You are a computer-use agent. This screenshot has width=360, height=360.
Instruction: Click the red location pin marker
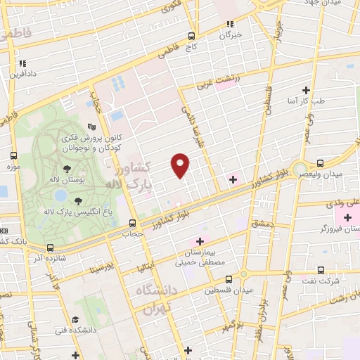click(x=181, y=165)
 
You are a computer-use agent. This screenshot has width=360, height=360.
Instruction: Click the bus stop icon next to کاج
click(x=191, y=35)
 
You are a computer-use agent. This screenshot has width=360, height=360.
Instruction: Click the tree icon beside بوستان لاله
click(x=67, y=169)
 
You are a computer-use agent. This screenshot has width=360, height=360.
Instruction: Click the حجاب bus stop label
click(x=133, y=232)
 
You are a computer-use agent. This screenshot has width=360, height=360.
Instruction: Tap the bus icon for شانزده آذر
click(x=49, y=247)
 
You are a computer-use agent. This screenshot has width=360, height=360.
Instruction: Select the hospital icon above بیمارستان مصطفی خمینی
click(x=200, y=240)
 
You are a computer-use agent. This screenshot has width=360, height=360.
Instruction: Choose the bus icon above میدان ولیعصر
click(x=321, y=162)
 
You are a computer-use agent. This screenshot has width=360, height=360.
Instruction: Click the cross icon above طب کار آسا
click(x=306, y=90)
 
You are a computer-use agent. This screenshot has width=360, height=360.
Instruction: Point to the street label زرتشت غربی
click(x=218, y=82)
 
